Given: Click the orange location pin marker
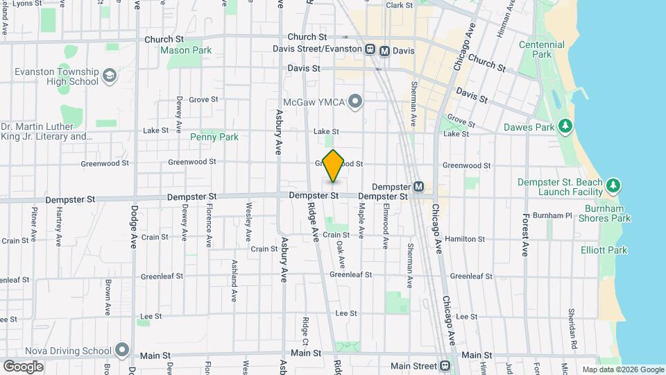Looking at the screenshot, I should (x=334, y=165).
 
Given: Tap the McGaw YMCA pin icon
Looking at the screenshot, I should (x=356, y=103).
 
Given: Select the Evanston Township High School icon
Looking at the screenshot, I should (x=109, y=76).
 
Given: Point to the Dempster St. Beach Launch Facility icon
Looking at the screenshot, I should (x=613, y=185).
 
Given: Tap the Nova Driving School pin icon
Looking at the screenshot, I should (x=123, y=349).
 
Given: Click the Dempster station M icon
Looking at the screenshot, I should (x=418, y=187).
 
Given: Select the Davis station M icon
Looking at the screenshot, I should (x=385, y=50).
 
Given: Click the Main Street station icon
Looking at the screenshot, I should (x=445, y=366).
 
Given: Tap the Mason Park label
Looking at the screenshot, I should (x=186, y=50).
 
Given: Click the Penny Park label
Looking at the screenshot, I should (x=214, y=137).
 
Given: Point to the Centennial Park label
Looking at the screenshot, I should (x=542, y=49).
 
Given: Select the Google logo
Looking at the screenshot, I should (x=23, y=366).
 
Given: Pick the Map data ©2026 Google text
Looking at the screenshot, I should (x=622, y=369).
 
